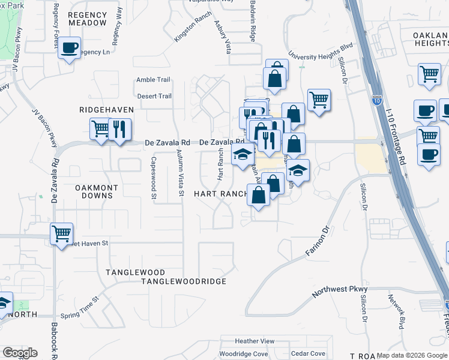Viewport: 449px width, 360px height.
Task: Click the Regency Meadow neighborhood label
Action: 87,19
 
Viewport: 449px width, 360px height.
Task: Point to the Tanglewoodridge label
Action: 184,281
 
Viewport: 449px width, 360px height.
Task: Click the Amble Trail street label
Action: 154,80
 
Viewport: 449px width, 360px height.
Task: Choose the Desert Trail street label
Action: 154,96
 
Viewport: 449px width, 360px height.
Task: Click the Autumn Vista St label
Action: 179,174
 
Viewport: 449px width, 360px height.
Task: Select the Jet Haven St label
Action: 90,243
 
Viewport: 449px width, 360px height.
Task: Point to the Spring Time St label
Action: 80,307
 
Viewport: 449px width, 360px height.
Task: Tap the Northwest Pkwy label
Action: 340,292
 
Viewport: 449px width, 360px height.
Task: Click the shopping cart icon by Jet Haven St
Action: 61,233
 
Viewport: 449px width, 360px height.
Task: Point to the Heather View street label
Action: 255,341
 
